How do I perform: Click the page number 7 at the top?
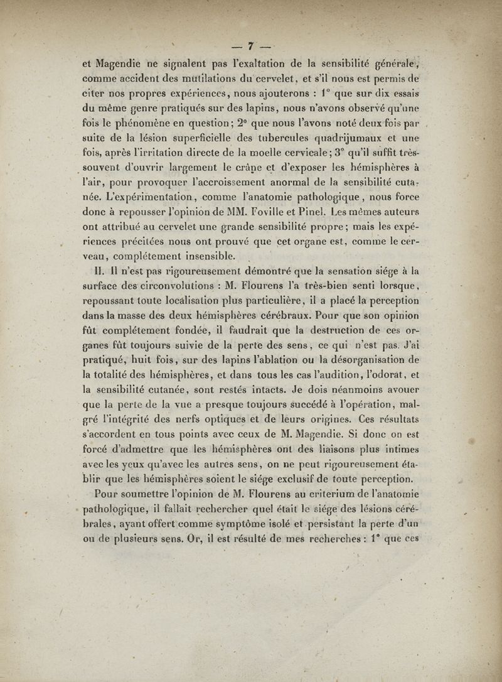tap(250, 45)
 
